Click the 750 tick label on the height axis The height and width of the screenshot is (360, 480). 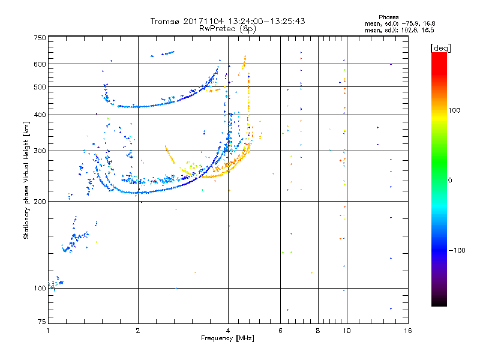40,38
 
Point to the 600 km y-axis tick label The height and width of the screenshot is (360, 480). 40,64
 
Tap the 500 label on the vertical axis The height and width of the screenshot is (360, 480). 40,87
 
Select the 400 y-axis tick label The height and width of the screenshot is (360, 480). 40,115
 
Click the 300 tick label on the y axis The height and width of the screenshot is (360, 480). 40,151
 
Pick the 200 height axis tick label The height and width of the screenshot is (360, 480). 40,201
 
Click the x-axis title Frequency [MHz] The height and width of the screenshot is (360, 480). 227,339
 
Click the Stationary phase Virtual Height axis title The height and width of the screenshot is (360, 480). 26,180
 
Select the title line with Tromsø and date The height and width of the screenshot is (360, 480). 227,21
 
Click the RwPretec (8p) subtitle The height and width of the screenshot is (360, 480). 227,28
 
